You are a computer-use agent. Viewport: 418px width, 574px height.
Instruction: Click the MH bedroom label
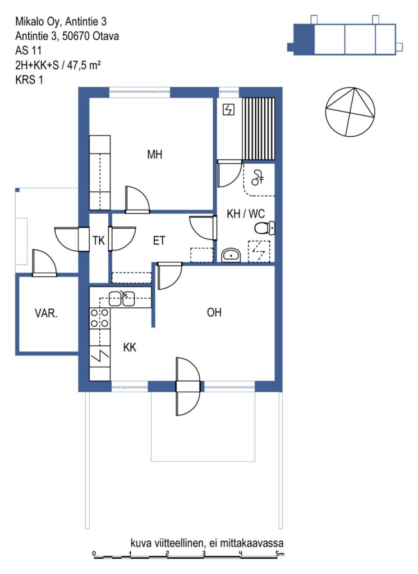[x=155, y=155]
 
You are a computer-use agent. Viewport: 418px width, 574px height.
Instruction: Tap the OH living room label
[x=214, y=312]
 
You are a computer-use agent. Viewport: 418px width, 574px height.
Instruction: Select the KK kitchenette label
[x=130, y=347]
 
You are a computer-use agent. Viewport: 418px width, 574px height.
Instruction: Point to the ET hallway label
[x=159, y=240]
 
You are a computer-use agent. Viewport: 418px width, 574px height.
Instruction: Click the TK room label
[x=99, y=240]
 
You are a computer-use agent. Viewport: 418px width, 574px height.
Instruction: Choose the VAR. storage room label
[x=46, y=313]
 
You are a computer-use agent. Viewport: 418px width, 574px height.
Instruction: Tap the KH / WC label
[x=245, y=214]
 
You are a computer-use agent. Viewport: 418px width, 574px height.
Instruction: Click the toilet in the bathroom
[x=264, y=228]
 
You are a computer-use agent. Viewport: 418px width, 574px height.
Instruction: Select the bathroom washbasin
[x=231, y=255]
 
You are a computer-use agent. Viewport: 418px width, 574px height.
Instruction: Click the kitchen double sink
[x=122, y=298]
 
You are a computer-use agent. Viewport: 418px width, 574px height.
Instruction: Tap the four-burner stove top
[x=100, y=318]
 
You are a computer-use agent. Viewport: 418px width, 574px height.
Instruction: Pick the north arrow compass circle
[x=350, y=112]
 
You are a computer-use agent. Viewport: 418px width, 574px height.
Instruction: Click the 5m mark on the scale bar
[x=280, y=553]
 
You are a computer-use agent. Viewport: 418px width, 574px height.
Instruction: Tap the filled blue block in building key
[x=304, y=40]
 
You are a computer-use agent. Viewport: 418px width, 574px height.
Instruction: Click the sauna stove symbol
[x=228, y=109]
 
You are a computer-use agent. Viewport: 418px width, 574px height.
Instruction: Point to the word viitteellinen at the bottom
[x=177, y=543]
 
